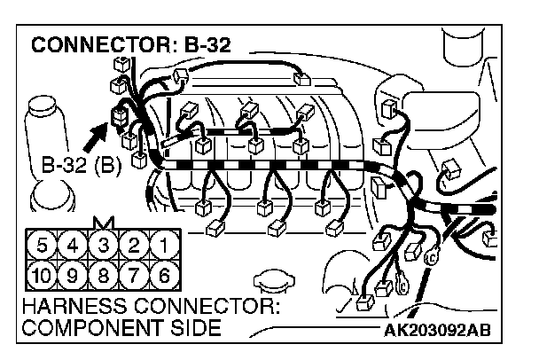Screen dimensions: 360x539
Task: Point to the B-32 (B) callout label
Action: pyautogui.click(x=76, y=165)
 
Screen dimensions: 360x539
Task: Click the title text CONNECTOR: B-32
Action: pyautogui.click(x=132, y=45)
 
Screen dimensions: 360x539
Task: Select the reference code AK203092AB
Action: pyautogui.click(x=435, y=331)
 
